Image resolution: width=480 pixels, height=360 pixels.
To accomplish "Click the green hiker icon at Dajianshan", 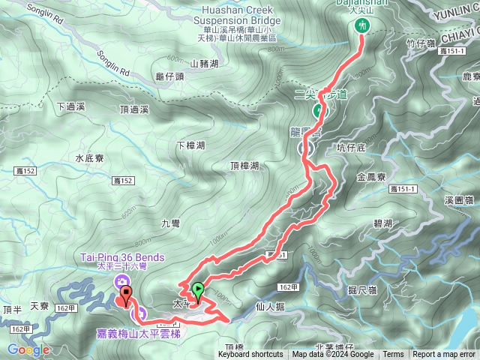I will click(x=363, y=25).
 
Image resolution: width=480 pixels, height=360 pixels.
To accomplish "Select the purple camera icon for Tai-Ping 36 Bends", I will click(x=120, y=281).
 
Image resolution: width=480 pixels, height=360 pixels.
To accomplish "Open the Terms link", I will click(x=393, y=355).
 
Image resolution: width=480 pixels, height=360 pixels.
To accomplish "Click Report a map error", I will click(x=445, y=355).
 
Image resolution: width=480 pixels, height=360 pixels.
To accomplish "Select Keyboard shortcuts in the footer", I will click(x=250, y=355).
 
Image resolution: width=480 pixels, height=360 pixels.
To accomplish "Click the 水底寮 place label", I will click(x=89, y=158).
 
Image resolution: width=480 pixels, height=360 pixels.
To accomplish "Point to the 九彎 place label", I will click(x=171, y=223).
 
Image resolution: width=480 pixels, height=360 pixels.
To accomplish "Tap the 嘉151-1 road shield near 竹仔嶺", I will click(x=453, y=50).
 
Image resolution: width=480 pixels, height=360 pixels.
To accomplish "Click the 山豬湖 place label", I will click(x=205, y=64).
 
